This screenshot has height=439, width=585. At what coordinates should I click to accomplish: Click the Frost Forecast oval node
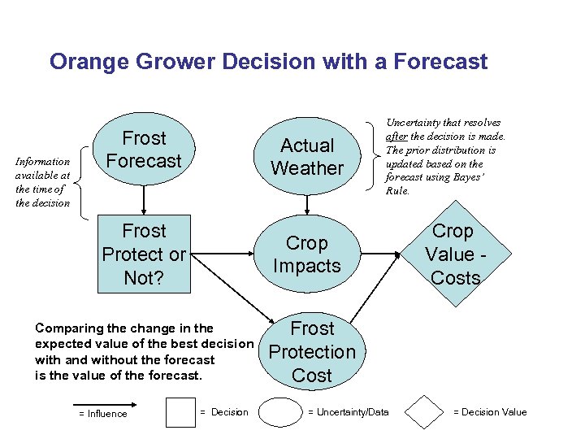(x=144, y=150)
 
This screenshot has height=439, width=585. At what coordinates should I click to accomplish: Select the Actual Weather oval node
(x=307, y=157)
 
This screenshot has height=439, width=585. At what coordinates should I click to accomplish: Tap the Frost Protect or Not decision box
(x=144, y=254)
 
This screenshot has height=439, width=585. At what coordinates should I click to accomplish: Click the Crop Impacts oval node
(x=307, y=254)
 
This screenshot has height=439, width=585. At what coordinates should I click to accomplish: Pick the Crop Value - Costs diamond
(x=455, y=254)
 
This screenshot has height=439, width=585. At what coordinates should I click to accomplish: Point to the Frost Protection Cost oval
(x=312, y=352)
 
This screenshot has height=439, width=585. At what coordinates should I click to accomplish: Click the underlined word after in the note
(x=395, y=136)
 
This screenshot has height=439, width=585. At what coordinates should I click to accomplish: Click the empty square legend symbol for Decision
(x=180, y=412)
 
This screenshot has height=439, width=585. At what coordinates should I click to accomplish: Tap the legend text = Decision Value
(x=490, y=412)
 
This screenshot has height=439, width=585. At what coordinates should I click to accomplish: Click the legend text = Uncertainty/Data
(x=348, y=412)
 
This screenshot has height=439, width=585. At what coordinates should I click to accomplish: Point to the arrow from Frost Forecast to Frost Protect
(x=144, y=198)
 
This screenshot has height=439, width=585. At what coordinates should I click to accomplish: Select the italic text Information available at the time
(x=43, y=181)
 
